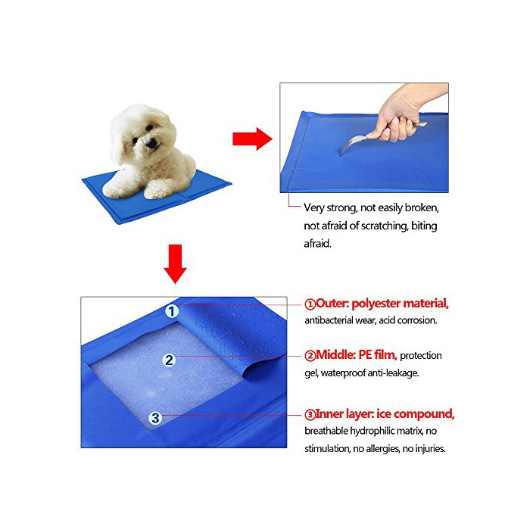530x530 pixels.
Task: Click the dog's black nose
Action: [x=151, y=144]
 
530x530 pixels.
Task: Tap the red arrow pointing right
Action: [x=252, y=139]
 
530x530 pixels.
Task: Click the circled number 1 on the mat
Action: [x=172, y=311]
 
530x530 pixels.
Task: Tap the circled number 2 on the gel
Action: [x=169, y=360]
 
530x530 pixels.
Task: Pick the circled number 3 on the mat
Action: [x=155, y=418]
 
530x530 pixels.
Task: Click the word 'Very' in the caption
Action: [x=314, y=207]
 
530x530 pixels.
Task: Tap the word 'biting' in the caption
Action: [x=424, y=226]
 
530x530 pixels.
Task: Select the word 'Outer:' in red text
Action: [x=332, y=303]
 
